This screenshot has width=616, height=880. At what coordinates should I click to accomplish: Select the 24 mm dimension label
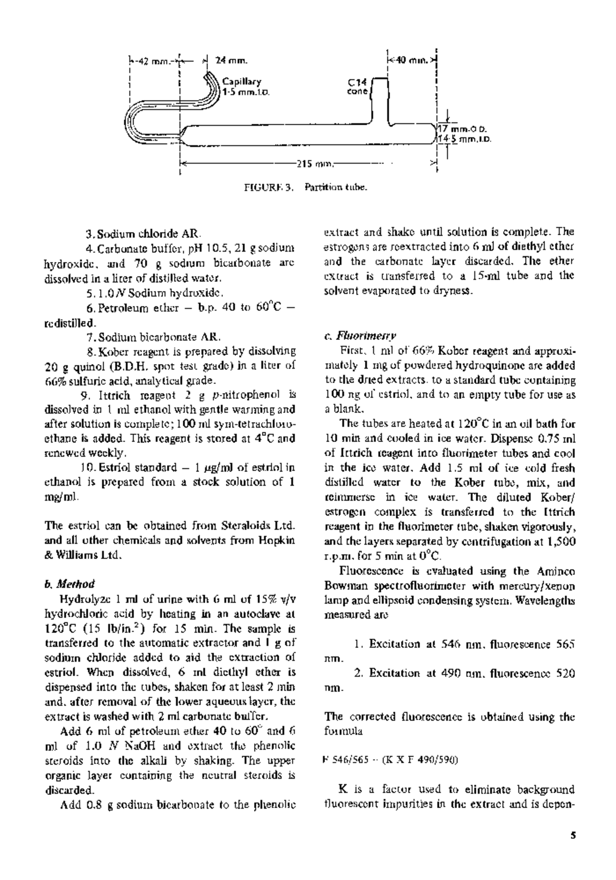[x=232, y=61]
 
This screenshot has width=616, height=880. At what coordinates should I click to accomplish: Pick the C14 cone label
[x=358, y=87]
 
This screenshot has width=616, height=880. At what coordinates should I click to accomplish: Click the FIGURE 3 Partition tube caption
[x=306, y=187]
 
